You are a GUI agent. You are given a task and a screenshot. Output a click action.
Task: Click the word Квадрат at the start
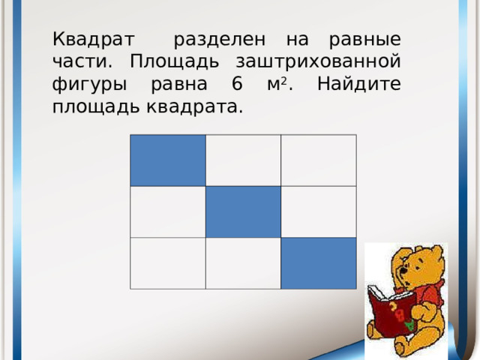(93, 37)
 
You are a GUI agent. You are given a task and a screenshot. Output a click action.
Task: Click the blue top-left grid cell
(168, 160)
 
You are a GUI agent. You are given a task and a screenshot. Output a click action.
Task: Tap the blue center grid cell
(243, 211)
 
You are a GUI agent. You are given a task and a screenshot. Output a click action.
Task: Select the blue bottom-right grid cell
(318, 262)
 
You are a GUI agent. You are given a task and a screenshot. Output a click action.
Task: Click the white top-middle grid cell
(243, 160)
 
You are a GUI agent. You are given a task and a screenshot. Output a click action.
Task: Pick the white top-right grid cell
(318, 160)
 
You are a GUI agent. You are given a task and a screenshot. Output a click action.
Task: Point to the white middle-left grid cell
(168, 211)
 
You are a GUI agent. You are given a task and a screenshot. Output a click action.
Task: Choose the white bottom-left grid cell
(168, 262)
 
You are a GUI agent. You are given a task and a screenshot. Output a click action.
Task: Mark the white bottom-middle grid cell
(243, 262)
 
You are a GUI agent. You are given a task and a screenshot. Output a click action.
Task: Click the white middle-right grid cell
(318, 211)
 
